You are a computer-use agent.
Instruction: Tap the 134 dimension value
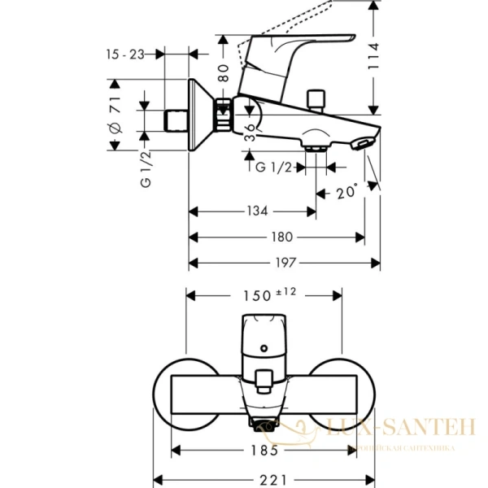257,211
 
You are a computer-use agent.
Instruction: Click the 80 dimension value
223,75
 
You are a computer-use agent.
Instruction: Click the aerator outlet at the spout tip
363,145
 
